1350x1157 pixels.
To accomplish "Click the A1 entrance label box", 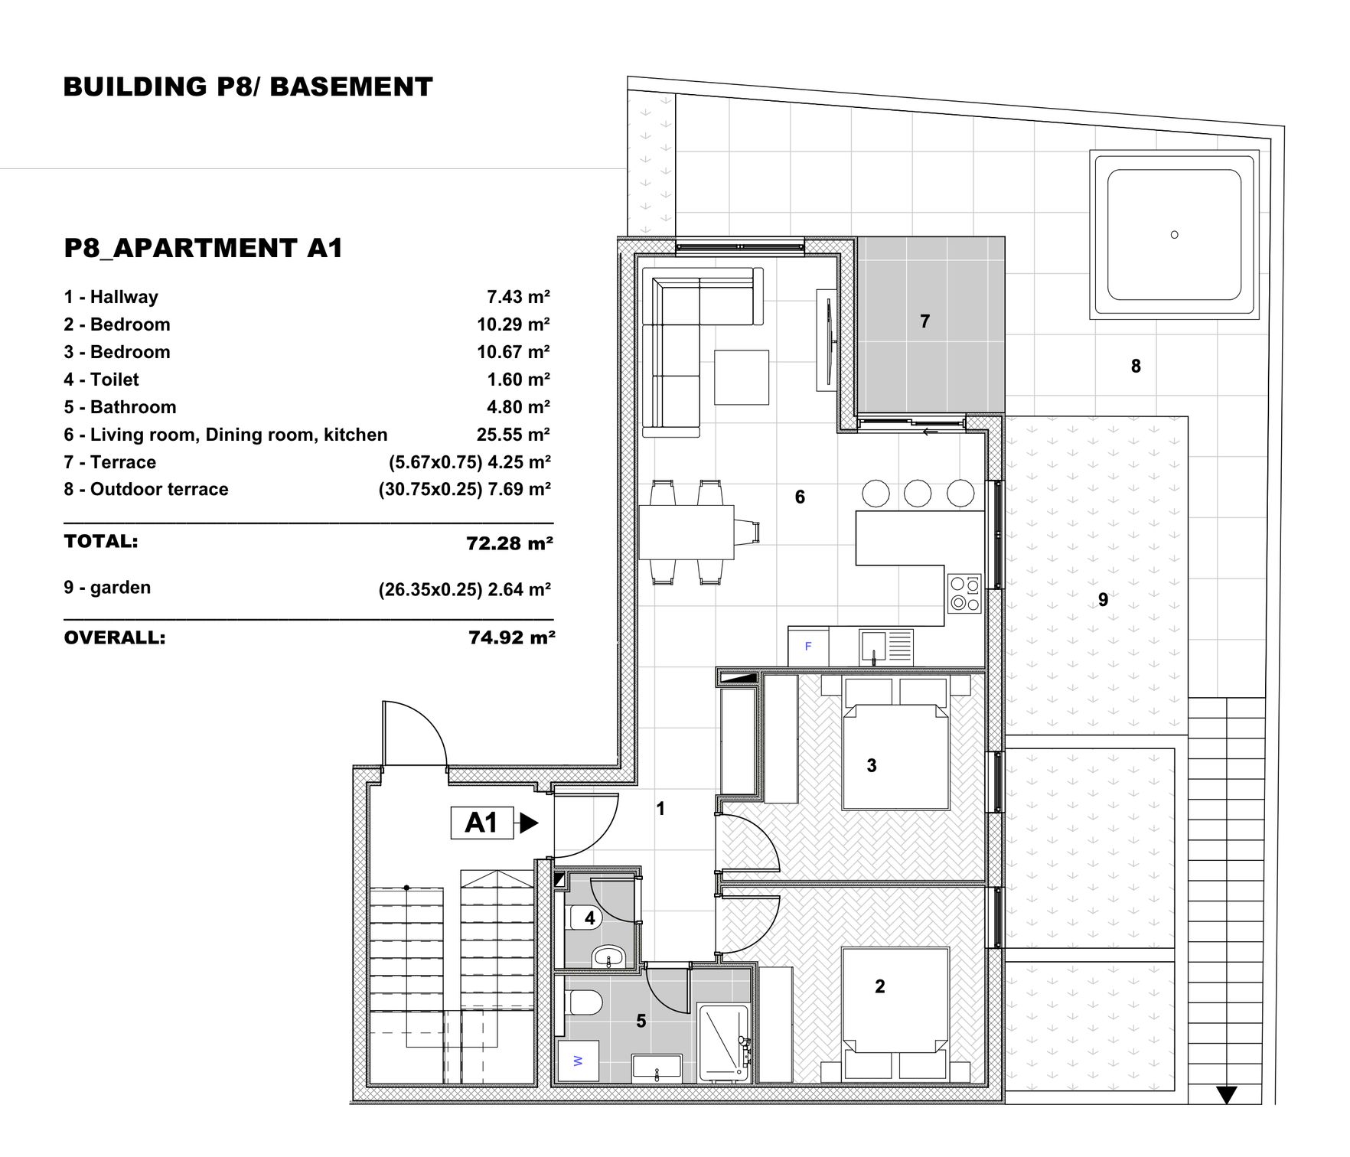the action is (481, 823).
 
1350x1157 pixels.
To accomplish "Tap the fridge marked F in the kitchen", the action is (808, 647).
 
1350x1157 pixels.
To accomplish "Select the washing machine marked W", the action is (578, 1061).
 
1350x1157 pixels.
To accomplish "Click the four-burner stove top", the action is (964, 594).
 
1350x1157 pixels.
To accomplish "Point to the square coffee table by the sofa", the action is (741, 377).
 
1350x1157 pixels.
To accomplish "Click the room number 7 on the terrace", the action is (924, 321).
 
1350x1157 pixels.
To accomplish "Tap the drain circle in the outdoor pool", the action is (1174, 235).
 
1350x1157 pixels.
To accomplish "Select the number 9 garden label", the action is (1103, 600).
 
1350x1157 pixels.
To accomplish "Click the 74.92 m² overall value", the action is (511, 637).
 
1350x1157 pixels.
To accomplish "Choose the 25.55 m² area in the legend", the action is (513, 435).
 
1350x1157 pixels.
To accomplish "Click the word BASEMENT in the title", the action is (351, 86).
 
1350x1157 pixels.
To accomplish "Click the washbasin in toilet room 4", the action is (609, 956).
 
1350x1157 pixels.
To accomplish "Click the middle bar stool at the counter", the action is (918, 494).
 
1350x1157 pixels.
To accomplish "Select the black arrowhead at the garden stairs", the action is (1226, 1095).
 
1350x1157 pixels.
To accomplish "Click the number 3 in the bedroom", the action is (871, 765).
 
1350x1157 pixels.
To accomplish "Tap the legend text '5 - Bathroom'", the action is (120, 407).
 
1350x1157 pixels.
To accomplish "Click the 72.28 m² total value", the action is (510, 543).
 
